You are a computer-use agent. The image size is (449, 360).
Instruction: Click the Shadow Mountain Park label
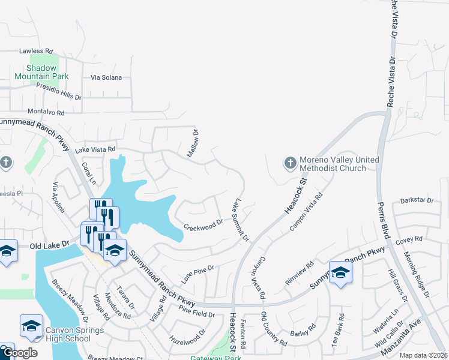point(41,72)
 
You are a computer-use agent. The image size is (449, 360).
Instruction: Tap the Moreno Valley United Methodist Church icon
point(290,163)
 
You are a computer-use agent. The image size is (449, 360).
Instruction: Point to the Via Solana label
point(106,77)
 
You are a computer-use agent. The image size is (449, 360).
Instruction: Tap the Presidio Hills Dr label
point(58,92)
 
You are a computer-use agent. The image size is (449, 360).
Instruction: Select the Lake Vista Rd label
point(95,149)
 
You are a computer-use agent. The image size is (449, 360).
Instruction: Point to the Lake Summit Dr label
point(241,221)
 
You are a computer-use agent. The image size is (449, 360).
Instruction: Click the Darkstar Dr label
point(417,200)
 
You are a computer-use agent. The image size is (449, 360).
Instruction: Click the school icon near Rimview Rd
point(340,272)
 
